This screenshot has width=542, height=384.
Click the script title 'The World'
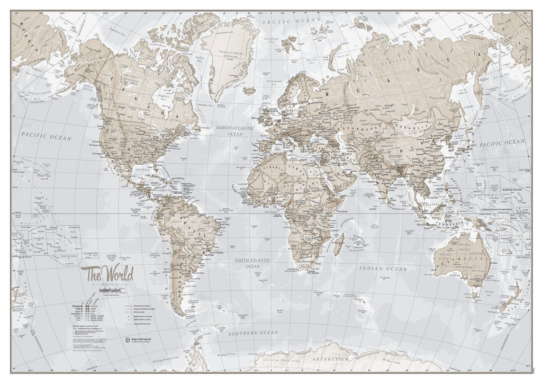tap(107, 274)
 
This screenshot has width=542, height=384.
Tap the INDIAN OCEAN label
tap(383, 269)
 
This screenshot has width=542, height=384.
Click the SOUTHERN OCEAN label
tap(253, 333)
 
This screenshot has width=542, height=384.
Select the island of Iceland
tap(249, 91)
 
